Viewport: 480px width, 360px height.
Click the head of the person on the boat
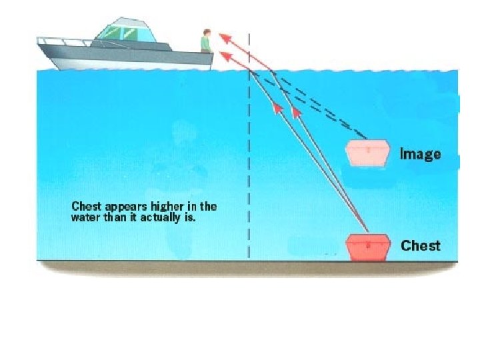(207, 32)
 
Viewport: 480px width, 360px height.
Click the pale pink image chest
(367, 153)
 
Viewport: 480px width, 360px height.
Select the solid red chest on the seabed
(367, 247)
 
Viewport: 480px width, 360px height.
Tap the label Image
(420, 154)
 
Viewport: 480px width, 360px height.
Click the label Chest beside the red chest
(420, 246)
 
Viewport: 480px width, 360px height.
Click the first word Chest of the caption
(86, 206)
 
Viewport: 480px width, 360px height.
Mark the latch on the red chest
(367, 245)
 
